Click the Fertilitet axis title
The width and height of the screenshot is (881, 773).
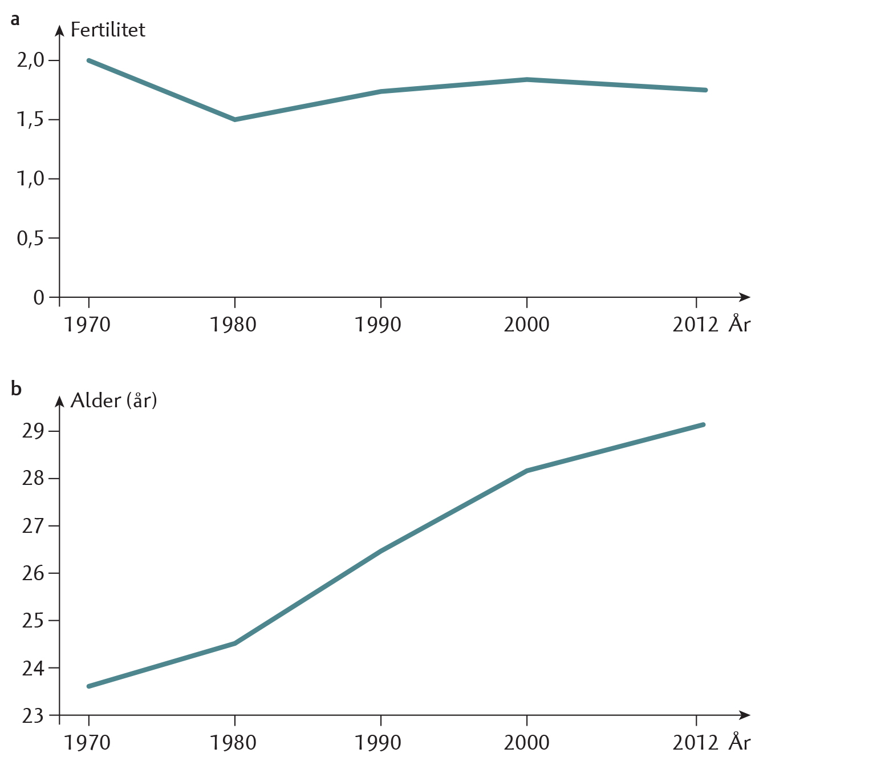(107, 30)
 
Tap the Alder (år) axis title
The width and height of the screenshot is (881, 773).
(113, 400)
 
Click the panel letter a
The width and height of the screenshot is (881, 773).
(15, 20)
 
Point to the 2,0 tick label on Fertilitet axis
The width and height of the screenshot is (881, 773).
(30, 60)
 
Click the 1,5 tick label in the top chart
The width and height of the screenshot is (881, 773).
(30, 119)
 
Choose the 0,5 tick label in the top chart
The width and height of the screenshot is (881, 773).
(30, 238)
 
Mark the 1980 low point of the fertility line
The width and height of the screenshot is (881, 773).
(235, 119)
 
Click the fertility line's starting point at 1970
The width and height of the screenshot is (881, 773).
(89, 60)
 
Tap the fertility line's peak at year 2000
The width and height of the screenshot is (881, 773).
(527, 80)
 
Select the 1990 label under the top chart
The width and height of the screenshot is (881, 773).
(378, 325)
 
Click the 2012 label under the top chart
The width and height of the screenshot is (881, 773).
(695, 325)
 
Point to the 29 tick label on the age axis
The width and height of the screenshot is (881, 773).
(33, 431)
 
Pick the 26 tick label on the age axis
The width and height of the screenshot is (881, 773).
(33, 573)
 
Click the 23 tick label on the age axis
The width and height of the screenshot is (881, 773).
(33, 715)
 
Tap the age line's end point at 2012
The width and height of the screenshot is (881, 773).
(703, 424)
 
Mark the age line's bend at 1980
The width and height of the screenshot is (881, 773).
(235, 644)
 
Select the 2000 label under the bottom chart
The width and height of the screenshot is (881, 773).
(526, 743)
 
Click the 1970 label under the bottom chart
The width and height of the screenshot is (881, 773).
(87, 743)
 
